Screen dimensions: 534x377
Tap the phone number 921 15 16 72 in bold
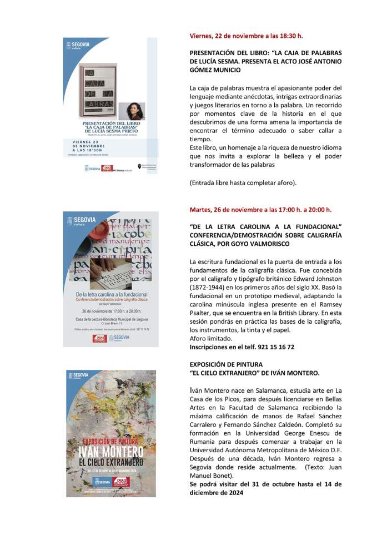tap(276, 347)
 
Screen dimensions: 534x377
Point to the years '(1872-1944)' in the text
tap(206, 287)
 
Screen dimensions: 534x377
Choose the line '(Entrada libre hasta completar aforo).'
tap(243, 182)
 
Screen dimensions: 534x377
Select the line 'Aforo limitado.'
tap(211, 338)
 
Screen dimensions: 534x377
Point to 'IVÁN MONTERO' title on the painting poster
tap(111, 451)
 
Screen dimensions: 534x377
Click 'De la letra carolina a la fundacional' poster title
tap(111, 294)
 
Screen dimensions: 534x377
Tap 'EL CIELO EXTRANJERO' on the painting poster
tap(111, 462)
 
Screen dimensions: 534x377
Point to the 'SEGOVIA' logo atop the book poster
tap(77, 46)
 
